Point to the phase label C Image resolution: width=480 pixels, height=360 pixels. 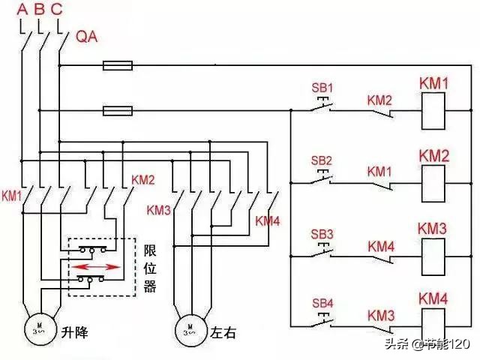click(58, 9)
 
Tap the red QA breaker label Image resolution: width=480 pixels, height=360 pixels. click(88, 35)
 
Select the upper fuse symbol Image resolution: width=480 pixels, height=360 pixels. click(118, 66)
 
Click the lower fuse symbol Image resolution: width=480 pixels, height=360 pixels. click(118, 111)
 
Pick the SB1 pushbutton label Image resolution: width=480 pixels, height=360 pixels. click(321, 88)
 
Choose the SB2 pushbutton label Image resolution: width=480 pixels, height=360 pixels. click(321, 160)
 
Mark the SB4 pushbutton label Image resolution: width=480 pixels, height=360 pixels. click(321, 304)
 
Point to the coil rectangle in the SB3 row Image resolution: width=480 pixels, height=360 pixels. click(433, 256)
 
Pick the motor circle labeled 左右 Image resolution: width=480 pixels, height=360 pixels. click(190, 328)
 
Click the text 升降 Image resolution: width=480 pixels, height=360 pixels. click(75, 331)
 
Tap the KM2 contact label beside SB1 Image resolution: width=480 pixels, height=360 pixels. click(379, 100)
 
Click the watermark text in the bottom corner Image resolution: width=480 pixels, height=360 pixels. click(427, 344)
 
